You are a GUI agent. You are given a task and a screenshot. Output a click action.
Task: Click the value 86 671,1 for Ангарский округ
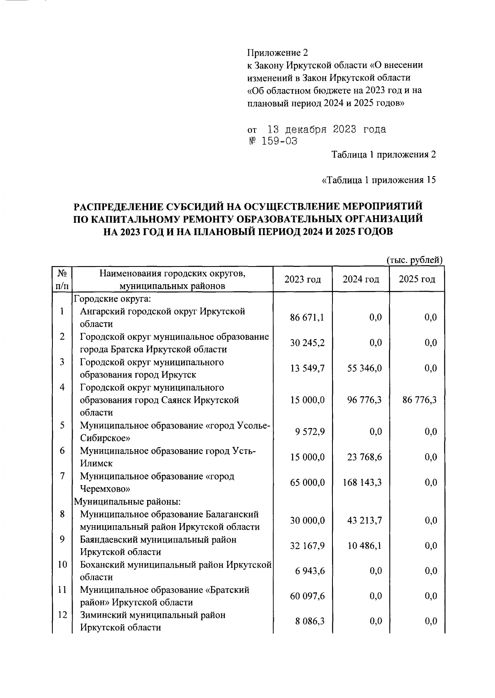[307, 317]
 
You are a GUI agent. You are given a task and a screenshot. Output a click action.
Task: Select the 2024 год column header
[361, 279]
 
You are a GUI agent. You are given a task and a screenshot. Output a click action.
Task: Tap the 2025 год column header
[417, 279]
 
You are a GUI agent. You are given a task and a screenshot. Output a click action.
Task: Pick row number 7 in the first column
[62, 476]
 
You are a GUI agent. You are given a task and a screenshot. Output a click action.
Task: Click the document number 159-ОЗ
[272, 141]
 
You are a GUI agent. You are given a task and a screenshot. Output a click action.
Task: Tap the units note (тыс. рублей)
[414, 260]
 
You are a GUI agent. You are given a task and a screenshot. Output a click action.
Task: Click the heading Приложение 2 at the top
[277, 52]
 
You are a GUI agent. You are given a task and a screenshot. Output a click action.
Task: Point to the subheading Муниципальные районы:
[128, 502]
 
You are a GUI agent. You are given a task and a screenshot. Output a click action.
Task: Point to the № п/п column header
[62, 279]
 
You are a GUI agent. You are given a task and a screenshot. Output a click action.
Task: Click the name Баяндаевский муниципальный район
[158, 540]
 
